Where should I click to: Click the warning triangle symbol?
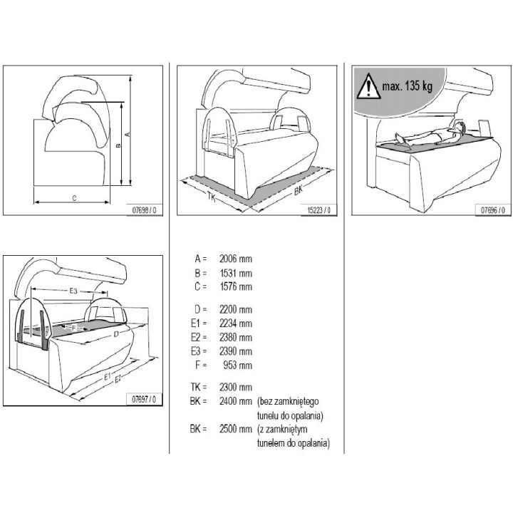tap(369, 87)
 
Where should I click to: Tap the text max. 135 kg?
tap(408, 86)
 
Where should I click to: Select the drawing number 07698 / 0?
tap(144, 210)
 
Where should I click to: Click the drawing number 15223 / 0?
tap(319, 210)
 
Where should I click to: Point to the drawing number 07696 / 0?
tap(493, 210)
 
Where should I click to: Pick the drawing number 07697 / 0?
tap(144, 399)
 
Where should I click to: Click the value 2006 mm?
tap(236, 259)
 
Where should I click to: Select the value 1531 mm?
tap(236, 273)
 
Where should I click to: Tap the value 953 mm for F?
tap(238, 365)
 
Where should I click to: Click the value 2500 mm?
tap(236, 429)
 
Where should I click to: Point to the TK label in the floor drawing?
tap(212, 197)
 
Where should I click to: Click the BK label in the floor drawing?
tap(299, 190)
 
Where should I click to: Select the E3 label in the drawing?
tap(73, 291)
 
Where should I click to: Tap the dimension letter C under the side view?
tap(74, 198)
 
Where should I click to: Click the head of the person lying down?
tap(460, 127)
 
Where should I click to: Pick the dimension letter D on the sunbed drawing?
tap(116, 334)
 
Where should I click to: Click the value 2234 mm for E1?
tap(236, 323)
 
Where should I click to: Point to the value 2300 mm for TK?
tap(236, 388)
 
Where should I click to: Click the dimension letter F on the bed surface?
tap(73, 328)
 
